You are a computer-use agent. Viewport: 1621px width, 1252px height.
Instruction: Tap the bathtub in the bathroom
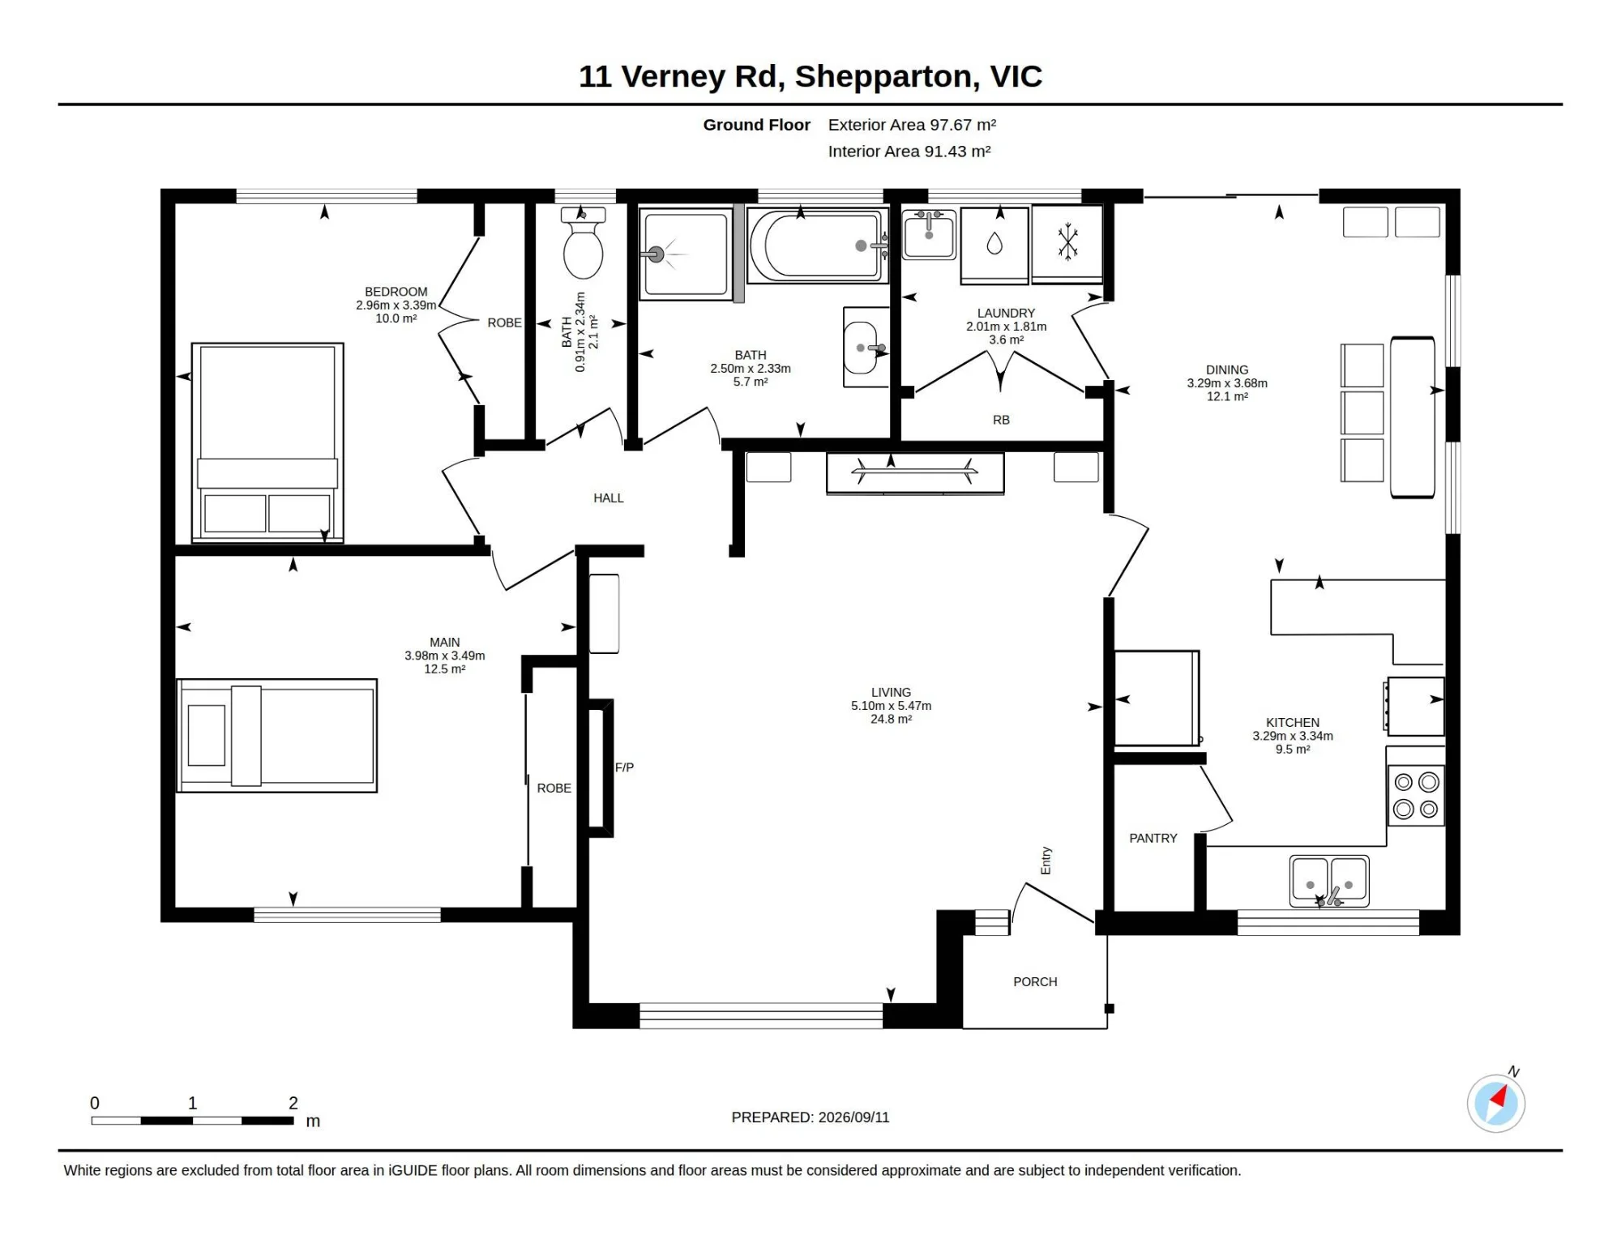tap(817, 246)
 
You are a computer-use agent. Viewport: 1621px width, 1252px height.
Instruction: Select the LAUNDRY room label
tap(1006, 313)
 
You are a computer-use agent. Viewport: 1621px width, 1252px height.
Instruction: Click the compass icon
tap(1496, 1102)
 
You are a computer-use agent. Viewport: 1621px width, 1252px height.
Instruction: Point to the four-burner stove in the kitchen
tap(1416, 795)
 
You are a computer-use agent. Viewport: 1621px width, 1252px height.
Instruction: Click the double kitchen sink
tap(1329, 881)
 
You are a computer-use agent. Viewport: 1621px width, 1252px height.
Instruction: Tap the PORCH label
tap(1035, 981)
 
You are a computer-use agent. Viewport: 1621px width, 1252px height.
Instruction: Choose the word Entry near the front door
tap(1046, 861)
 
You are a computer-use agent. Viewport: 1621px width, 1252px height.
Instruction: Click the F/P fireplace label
tap(624, 767)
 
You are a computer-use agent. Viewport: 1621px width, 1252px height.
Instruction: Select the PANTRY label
tap(1153, 838)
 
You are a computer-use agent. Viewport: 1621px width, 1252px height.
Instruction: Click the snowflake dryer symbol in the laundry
tap(1067, 243)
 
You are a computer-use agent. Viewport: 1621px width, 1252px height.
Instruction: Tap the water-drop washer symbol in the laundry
tap(994, 243)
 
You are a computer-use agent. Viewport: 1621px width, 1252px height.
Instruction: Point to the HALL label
tap(609, 498)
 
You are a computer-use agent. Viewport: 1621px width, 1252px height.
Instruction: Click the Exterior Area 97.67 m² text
tap(912, 125)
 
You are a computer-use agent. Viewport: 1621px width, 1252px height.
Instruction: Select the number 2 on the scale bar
tap(293, 1103)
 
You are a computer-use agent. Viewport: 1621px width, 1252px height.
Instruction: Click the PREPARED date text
tap(810, 1117)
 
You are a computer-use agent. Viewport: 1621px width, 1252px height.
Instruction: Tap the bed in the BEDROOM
tap(267, 442)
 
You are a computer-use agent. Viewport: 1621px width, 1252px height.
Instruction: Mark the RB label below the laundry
tap(1001, 420)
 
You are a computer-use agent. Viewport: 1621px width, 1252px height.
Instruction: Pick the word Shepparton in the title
tap(883, 77)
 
